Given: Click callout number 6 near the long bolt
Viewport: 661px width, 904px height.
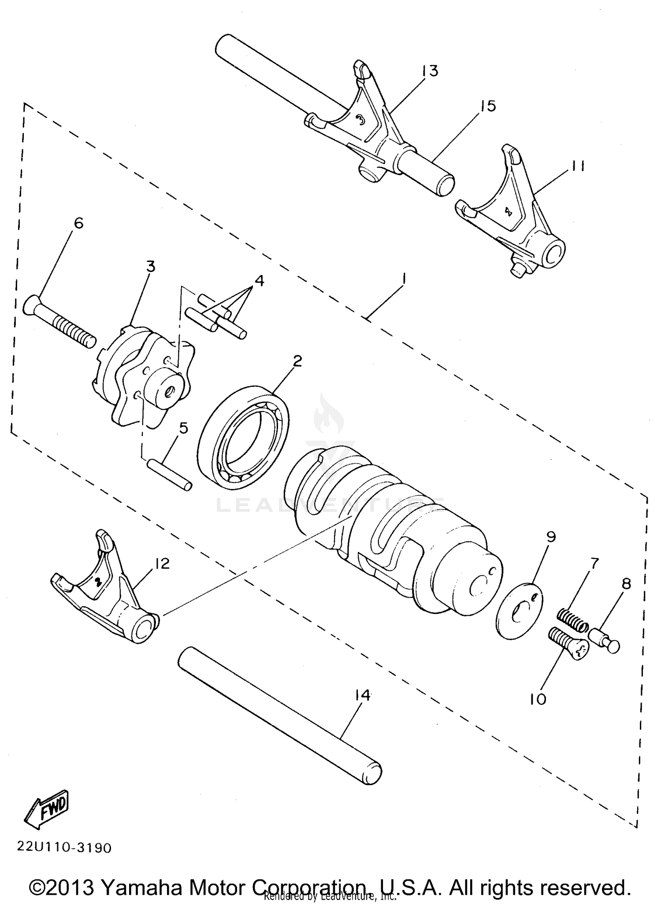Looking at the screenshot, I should click(x=78, y=223).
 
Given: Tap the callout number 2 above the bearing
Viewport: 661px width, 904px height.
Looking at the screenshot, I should click(x=297, y=361).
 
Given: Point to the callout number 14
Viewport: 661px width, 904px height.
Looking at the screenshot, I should click(x=362, y=695).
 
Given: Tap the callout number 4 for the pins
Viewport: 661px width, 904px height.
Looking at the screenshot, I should click(x=259, y=280).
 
